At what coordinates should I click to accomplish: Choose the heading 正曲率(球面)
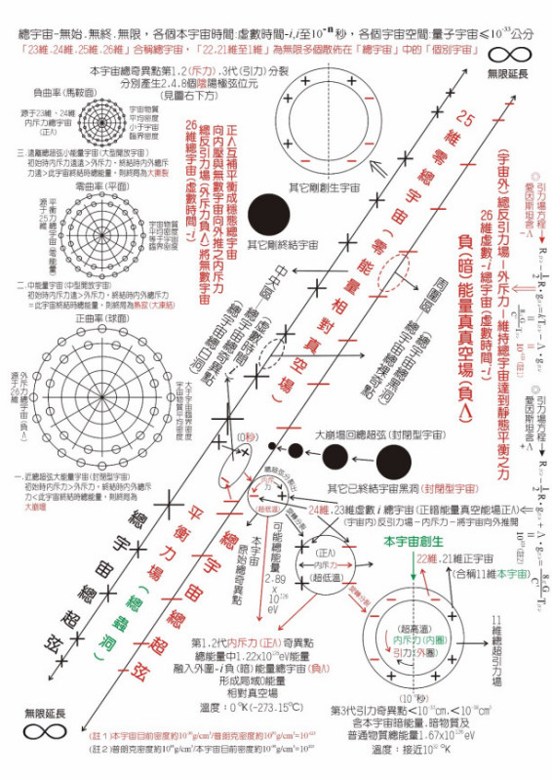coord(58,318)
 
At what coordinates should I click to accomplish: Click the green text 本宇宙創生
coord(413,542)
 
